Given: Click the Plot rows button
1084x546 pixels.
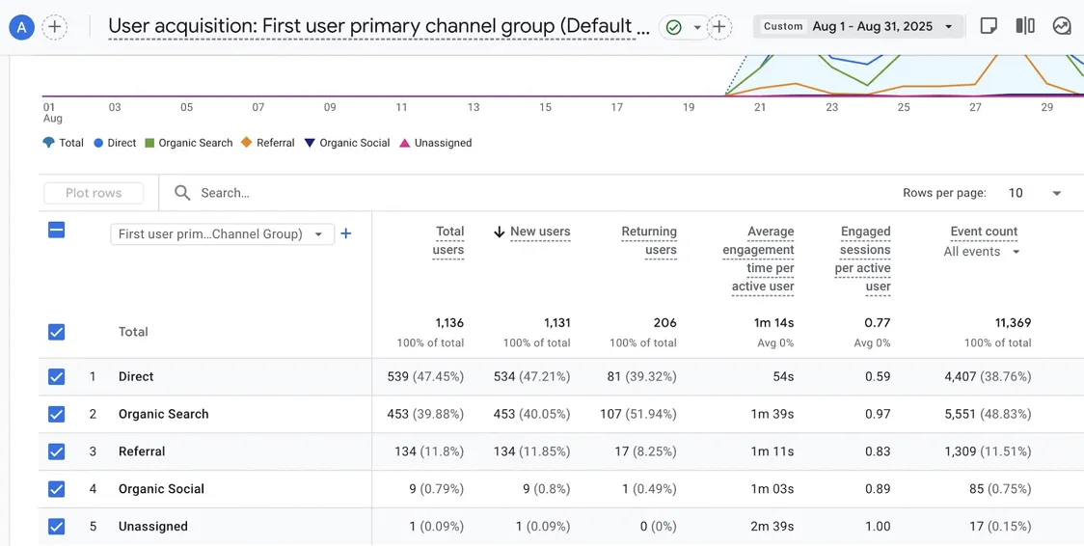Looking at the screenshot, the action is (94, 193).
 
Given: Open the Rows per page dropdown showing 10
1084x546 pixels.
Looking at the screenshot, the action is (1034, 193).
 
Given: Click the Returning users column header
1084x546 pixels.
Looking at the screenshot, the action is (649, 240).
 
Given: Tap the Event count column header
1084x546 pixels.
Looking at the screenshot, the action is (984, 232).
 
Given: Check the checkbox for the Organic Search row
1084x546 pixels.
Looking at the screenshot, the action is (57, 414).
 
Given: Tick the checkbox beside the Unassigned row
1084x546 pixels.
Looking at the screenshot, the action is (57, 526).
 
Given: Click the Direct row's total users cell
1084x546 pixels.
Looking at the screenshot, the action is (425, 376).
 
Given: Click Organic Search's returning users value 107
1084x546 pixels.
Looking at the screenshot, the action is (638, 414).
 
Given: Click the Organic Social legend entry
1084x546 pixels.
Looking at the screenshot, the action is (347, 143).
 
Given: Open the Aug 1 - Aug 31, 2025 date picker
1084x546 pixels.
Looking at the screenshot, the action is (858, 26).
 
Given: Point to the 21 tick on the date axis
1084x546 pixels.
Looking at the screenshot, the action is (760, 107).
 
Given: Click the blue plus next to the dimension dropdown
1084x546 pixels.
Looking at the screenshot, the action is (346, 233).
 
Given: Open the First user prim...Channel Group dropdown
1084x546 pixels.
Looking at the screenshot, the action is (222, 234).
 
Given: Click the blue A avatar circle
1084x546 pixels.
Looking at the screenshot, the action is (22, 27).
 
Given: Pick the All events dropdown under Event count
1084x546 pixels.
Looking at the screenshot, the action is (982, 252).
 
